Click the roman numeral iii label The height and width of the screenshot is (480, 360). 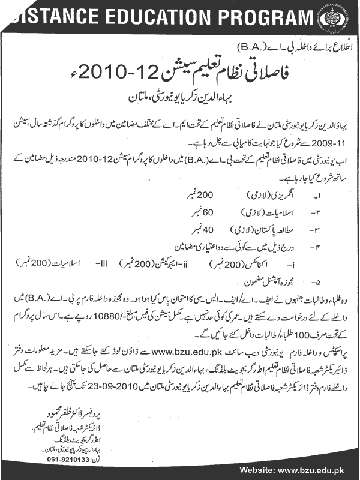103,262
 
